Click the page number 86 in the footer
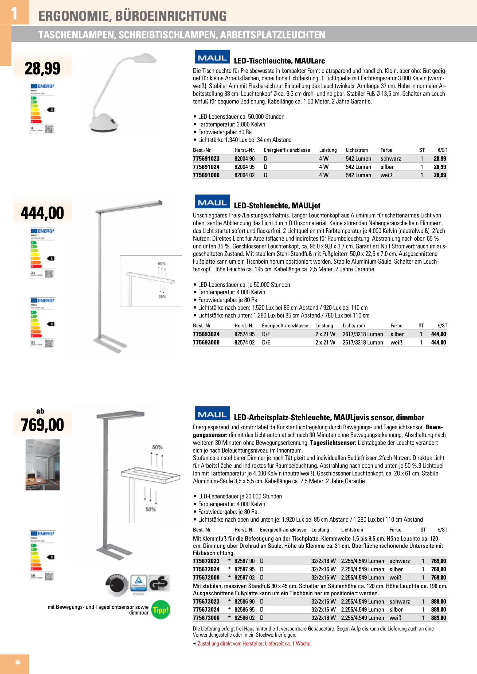tap(18, 662)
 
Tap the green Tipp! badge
tap(161, 610)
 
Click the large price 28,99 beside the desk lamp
tap(42, 68)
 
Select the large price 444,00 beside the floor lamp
tap(42, 213)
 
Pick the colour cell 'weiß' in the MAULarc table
tap(386, 175)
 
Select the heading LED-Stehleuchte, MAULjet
tap(277, 205)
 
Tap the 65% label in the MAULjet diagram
tap(162, 263)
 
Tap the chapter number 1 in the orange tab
tap(14, 13)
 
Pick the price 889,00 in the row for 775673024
tap(438, 609)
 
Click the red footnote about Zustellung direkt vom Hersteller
tap(254, 644)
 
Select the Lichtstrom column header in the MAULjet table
tap(354, 326)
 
